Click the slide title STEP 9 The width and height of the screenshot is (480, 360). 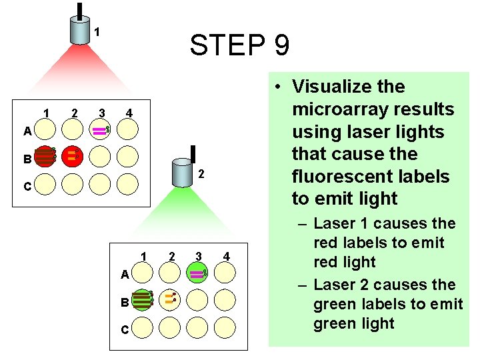coord(239,46)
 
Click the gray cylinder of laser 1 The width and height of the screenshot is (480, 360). coord(80,30)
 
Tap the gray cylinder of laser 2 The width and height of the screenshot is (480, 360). coord(182,173)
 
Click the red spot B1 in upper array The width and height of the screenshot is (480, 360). coord(45,156)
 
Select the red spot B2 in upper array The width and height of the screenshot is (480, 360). coord(72,156)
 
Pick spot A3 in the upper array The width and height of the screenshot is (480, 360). coord(99,130)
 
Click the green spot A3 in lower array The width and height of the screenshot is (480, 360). coord(198,273)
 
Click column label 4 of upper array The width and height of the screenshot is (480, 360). coord(129,114)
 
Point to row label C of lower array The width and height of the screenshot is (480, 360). coord(125,330)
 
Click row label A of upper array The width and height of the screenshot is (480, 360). coord(27,131)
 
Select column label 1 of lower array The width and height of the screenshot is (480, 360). coord(143,256)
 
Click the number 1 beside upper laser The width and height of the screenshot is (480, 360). coord(97,31)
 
